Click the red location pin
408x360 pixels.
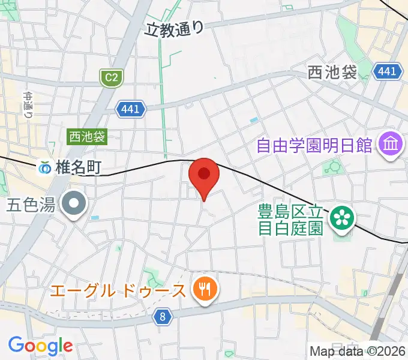(204, 175)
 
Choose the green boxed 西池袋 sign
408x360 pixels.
(86, 137)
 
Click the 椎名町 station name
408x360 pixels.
(78, 168)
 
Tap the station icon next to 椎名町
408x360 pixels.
(46, 168)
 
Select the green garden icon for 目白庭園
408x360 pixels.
(343, 217)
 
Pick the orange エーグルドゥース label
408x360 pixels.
(118, 292)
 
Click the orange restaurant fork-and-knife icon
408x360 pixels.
(205, 291)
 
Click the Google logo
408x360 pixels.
(40, 345)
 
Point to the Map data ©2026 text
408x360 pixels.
(358, 352)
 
